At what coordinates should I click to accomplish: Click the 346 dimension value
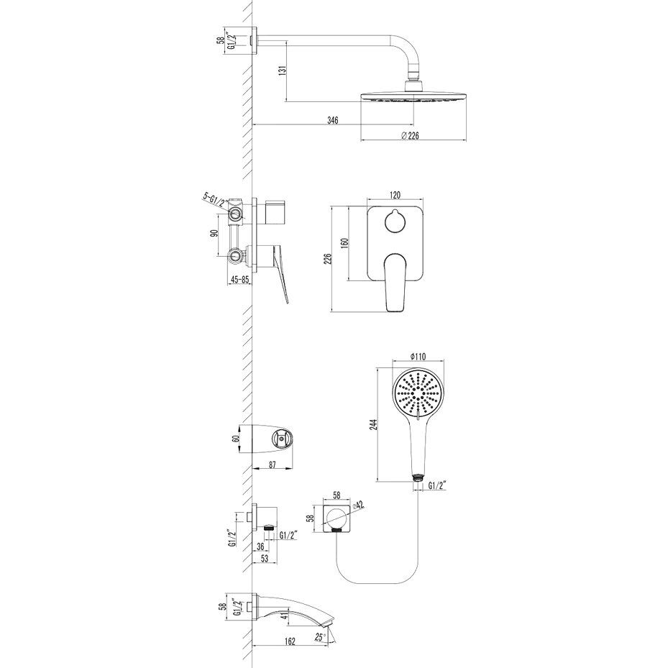pyautogui.click(x=333, y=120)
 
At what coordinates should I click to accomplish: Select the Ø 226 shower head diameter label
pyautogui.click(x=411, y=135)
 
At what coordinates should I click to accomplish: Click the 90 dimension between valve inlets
pyautogui.click(x=214, y=233)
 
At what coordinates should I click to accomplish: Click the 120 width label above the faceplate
pyautogui.click(x=395, y=195)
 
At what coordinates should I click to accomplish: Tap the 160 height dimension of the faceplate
pyautogui.click(x=345, y=243)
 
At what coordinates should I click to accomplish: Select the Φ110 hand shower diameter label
pyautogui.click(x=418, y=357)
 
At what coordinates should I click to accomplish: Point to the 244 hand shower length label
pyautogui.click(x=373, y=426)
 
